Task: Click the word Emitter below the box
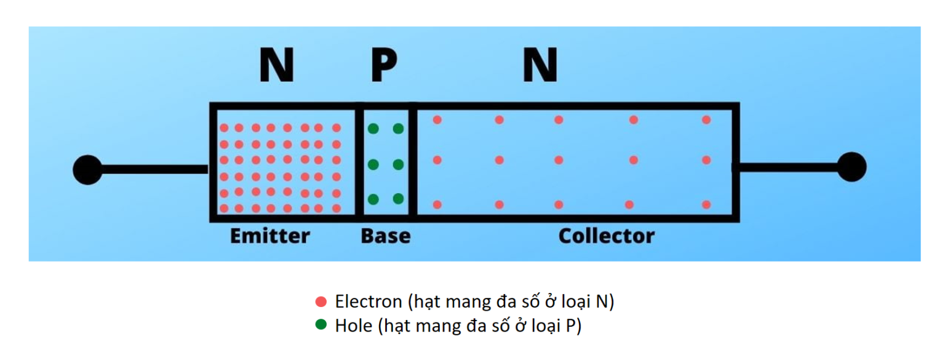pos(269,236)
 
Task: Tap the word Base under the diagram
pos(385,236)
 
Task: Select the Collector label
pos(606,236)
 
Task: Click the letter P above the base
pos(384,66)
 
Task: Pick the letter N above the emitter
pos(276,66)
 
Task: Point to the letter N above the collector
pos(540,66)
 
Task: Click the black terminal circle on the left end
pos(87,169)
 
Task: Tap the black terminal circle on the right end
pos(851,167)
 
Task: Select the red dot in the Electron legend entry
pos(321,302)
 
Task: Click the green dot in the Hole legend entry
pos(321,325)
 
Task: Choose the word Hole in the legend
pos(353,325)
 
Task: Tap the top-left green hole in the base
pos(373,129)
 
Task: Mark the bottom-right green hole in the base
pos(398,199)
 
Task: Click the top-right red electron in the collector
pos(706,120)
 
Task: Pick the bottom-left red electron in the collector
pos(437,204)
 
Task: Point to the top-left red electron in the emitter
pos(224,128)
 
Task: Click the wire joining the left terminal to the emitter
pos(154,169)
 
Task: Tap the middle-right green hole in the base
pos(398,164)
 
